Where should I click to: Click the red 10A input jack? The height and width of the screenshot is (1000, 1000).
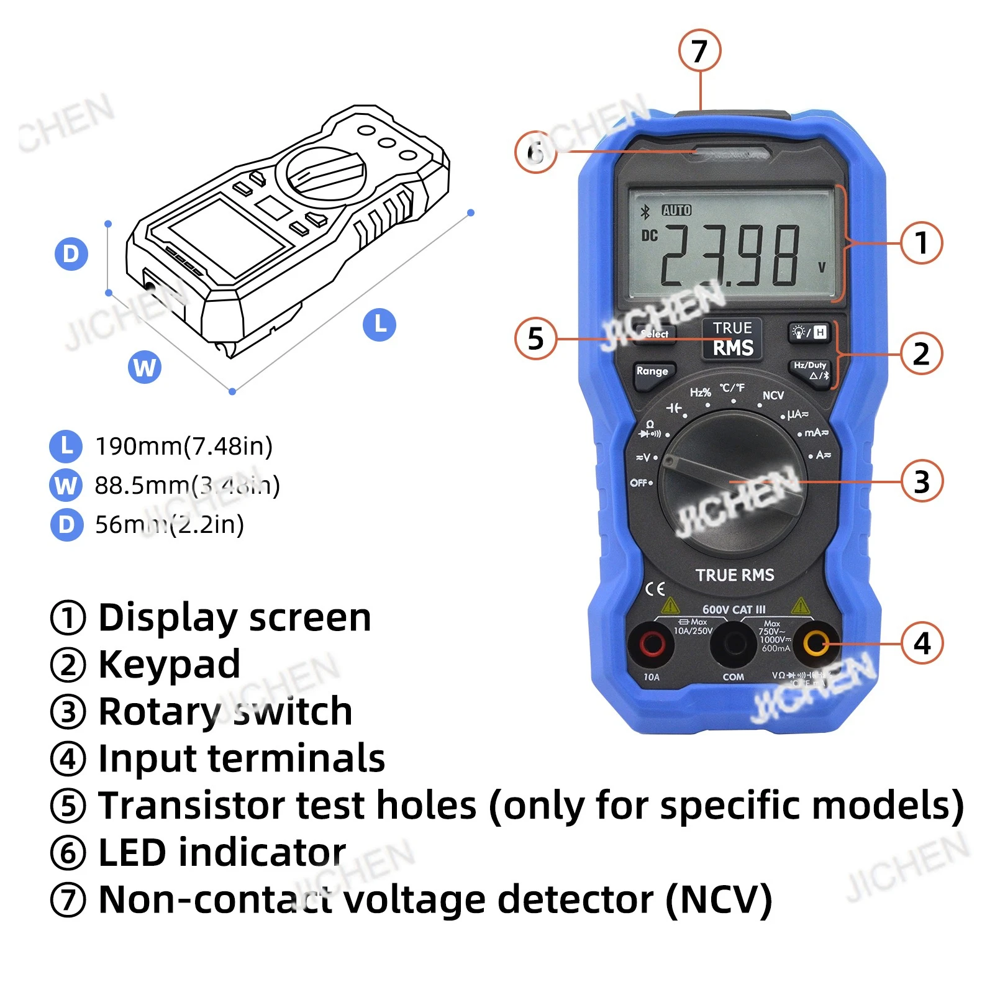pyautogui.click(x=651, y=643)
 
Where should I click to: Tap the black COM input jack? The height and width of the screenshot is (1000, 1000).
pyautogui.click(x=734, y=644)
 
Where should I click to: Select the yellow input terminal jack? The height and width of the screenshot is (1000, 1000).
pyautogui.click(x=815, y=643)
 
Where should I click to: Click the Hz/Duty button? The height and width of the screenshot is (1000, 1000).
pyautogui.click(x=811, y=370)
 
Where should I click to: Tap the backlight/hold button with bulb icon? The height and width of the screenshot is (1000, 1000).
pyautogui.click(x=809, y=332)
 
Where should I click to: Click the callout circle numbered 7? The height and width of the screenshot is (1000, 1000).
pyautogui.click(x=699, y=51)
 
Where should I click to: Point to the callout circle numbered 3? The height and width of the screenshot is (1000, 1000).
pyautogui.click(x=922, y=481)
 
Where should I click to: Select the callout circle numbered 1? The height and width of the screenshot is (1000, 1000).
pyautogui.click(x=921, y=243)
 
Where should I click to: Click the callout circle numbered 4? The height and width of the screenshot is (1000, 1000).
pyautogui.click(x=922, y=643)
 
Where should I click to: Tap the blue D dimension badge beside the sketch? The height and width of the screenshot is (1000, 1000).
pyautogui.click(x=71, y=254)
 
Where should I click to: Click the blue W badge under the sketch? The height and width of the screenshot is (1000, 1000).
pyautogui.click(x=145, y=367)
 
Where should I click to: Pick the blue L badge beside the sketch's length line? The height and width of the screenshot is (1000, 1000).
pyautogui.click(x=380, y=324)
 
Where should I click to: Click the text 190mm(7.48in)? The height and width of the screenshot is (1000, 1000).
pyautogui.click(x=184, y=446)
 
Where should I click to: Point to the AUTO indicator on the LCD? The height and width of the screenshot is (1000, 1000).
pyautogui.click(x=676, y=211)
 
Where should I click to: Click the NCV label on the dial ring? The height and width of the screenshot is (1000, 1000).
pyautogui.click(x=773, y=396)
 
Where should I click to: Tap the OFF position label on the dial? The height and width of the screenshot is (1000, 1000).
pyautogui.click(x=640, y=483)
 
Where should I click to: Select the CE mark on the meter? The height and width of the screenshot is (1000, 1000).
pyautogui.click(x=655, y=589)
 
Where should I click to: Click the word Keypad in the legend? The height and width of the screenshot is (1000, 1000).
pyautogui.click(x=169, y=664)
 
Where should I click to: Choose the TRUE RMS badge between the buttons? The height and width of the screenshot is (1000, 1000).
pyautogui.click(x=733, y=339)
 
